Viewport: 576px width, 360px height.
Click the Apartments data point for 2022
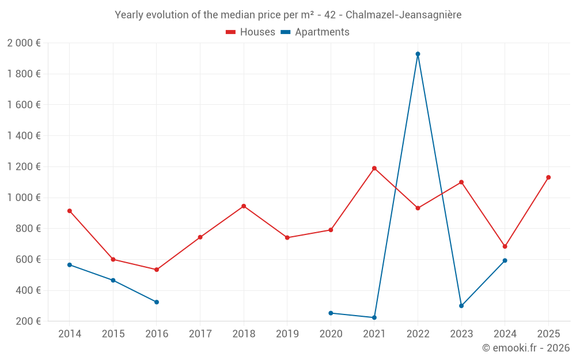[x=418, y=54]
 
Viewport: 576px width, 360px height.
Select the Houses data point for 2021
[x=374, y=168]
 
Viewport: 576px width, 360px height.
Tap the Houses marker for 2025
[x=548, y=177]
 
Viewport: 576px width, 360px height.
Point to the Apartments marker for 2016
[x=157, y=302]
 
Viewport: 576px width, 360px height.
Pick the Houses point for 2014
[x=70, y=211]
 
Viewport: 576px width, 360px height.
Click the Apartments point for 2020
[x=331, y=313]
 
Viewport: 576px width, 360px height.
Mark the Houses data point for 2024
[x=505, y=247]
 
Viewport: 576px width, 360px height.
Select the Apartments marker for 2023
[x=461, y=306]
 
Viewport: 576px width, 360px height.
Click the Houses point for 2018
[x=244, y=206]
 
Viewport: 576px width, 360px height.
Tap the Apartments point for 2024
[x=505, y=260]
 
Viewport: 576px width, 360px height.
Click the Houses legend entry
[x=251, y=32]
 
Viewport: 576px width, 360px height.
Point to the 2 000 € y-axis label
[x=24, y=43]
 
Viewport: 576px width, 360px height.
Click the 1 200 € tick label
[x=24, y=166]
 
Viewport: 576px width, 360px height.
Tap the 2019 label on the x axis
[x=287, y=334]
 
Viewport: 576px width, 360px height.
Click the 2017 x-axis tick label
[x=200, y=334]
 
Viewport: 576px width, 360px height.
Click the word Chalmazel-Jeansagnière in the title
[x=403, y=15]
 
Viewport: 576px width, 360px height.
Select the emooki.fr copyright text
[x=525, y=348]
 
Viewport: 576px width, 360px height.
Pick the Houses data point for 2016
[x=157, y=270]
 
